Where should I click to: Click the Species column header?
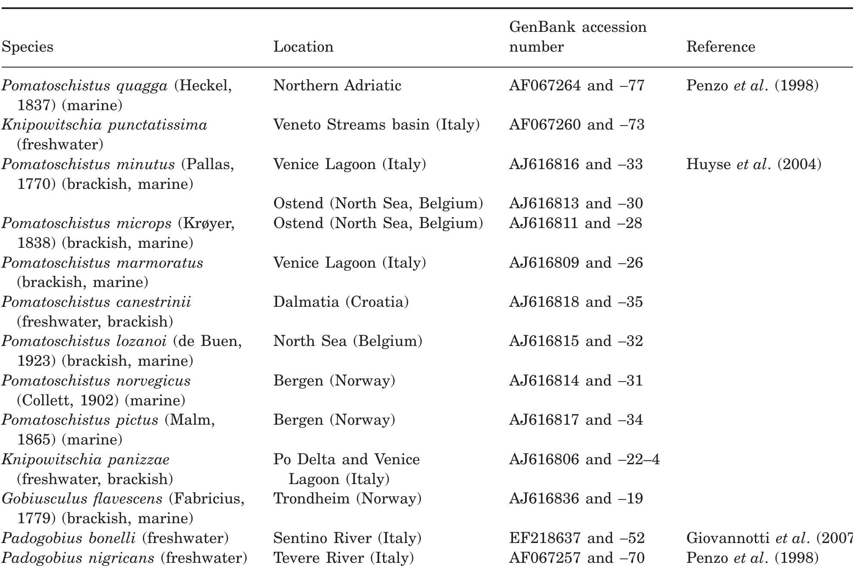coord(28,46)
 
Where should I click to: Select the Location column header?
coord(303,46)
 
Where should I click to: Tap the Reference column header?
coord(720,46)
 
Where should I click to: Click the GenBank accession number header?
coord(578,37)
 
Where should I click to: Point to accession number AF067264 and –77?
coord(577,85)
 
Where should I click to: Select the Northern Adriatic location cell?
coord(337,85)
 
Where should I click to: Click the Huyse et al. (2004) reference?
coord(754,164)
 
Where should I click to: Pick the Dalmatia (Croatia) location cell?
coord(341,302)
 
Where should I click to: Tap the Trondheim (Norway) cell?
coord(347,498)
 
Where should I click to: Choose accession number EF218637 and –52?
coord(577,538)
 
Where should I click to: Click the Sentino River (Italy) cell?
coord(347,538)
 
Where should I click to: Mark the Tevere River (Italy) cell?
coord(343,558)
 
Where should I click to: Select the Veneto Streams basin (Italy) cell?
coord(376,125)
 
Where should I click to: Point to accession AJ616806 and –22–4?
coord(584,459)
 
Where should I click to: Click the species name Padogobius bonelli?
coord(69,538)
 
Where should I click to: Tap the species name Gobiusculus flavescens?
coord(82,498)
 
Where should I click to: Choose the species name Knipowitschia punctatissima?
coord(104,125)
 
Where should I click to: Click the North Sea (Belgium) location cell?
coord(348,341)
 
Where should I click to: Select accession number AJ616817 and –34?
coord(576,420)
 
